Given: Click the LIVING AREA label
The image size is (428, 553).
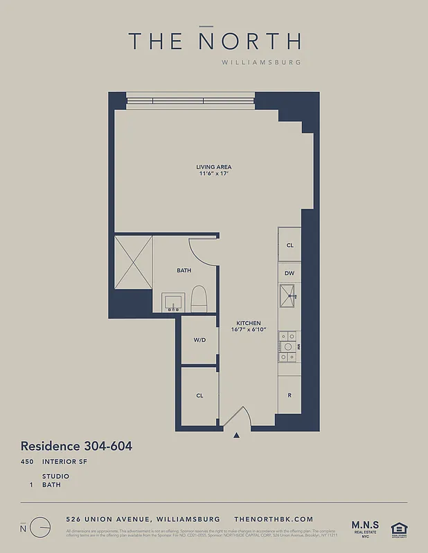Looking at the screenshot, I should [213, 167].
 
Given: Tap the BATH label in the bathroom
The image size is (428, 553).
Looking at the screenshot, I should [184, 270].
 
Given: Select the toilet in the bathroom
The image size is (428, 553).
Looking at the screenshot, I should [199, 298].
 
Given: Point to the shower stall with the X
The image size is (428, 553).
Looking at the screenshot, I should [133, 260].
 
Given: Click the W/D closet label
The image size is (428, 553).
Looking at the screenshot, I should [199, 339].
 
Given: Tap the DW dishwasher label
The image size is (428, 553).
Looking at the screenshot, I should [289, 273].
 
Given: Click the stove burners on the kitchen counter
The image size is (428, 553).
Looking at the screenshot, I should [287, 346].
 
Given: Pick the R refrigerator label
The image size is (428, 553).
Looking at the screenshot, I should [289, 395].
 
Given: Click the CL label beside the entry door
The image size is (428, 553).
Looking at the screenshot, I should [199, 395].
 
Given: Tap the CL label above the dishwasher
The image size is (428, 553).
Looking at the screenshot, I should [289, 245].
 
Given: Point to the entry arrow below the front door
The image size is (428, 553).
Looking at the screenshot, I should [237, 435].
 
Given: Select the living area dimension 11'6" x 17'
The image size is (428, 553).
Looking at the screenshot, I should [213, 174].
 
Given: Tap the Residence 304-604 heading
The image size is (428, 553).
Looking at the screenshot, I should [76, 446].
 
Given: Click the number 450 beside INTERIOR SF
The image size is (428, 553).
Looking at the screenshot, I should [28, 461].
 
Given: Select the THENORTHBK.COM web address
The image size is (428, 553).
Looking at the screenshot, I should [274, 519].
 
